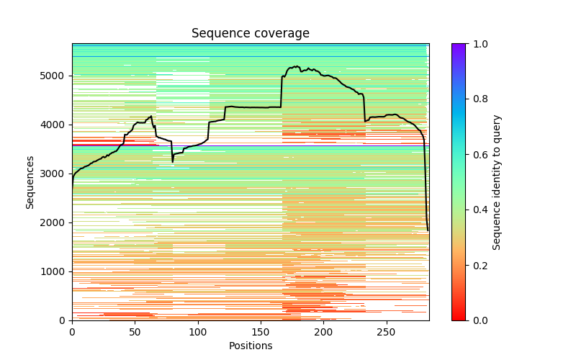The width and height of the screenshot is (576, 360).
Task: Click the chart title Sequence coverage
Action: point(251,34)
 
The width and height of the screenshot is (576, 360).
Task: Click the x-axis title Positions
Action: point(251,346)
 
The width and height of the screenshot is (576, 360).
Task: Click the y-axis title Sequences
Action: point(30,181)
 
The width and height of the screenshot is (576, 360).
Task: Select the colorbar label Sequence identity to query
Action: point(497,181)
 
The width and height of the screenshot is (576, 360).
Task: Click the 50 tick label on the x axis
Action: point(135,331)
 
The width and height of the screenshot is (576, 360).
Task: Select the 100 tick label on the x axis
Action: point(198,331)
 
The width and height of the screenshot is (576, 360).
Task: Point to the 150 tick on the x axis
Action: point(261,331)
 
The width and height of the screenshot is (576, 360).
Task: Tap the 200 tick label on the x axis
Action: point(324,331)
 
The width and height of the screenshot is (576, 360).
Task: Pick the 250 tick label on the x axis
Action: point(387,331)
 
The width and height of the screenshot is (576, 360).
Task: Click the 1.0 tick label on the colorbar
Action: point(478,44)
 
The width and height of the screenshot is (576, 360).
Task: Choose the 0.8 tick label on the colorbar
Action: point(478,99)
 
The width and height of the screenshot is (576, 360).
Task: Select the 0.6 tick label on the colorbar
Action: point(478,155)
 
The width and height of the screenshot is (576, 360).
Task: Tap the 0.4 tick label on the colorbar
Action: point(478,210)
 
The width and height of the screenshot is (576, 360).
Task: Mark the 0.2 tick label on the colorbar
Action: point(478,265)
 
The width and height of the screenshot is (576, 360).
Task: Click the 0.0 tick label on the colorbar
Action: point(478,320)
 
